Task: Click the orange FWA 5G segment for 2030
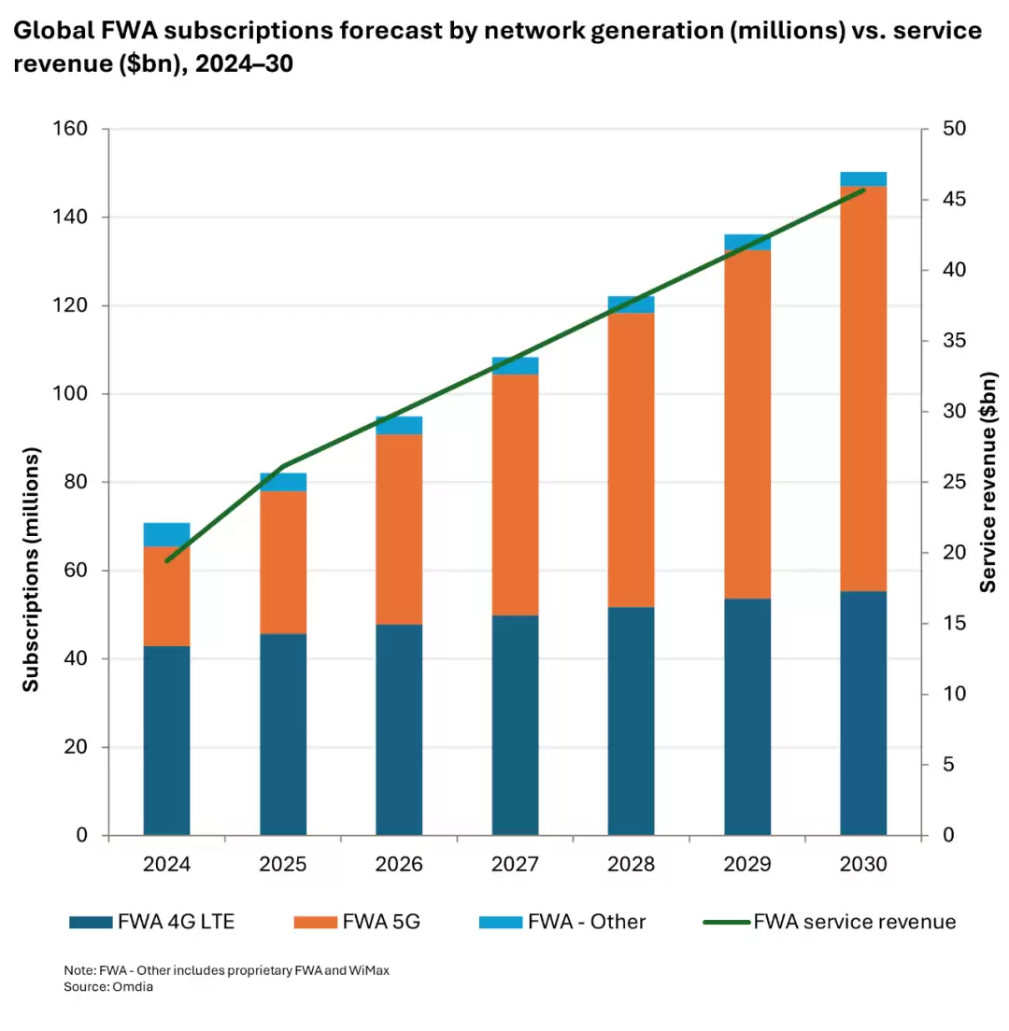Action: coord(863,388)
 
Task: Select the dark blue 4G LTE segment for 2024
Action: coord(167,740)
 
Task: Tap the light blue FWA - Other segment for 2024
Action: coord(167,534)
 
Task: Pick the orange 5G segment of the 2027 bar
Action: coord(515,494)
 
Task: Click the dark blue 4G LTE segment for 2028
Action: coord(631,720)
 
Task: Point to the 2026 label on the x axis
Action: coord(399,865)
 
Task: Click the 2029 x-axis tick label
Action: coord(746,865)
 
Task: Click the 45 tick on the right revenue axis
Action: coord(942,200)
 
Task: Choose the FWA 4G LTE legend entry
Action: coord(152,922)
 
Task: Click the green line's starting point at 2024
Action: coord(167,561)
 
